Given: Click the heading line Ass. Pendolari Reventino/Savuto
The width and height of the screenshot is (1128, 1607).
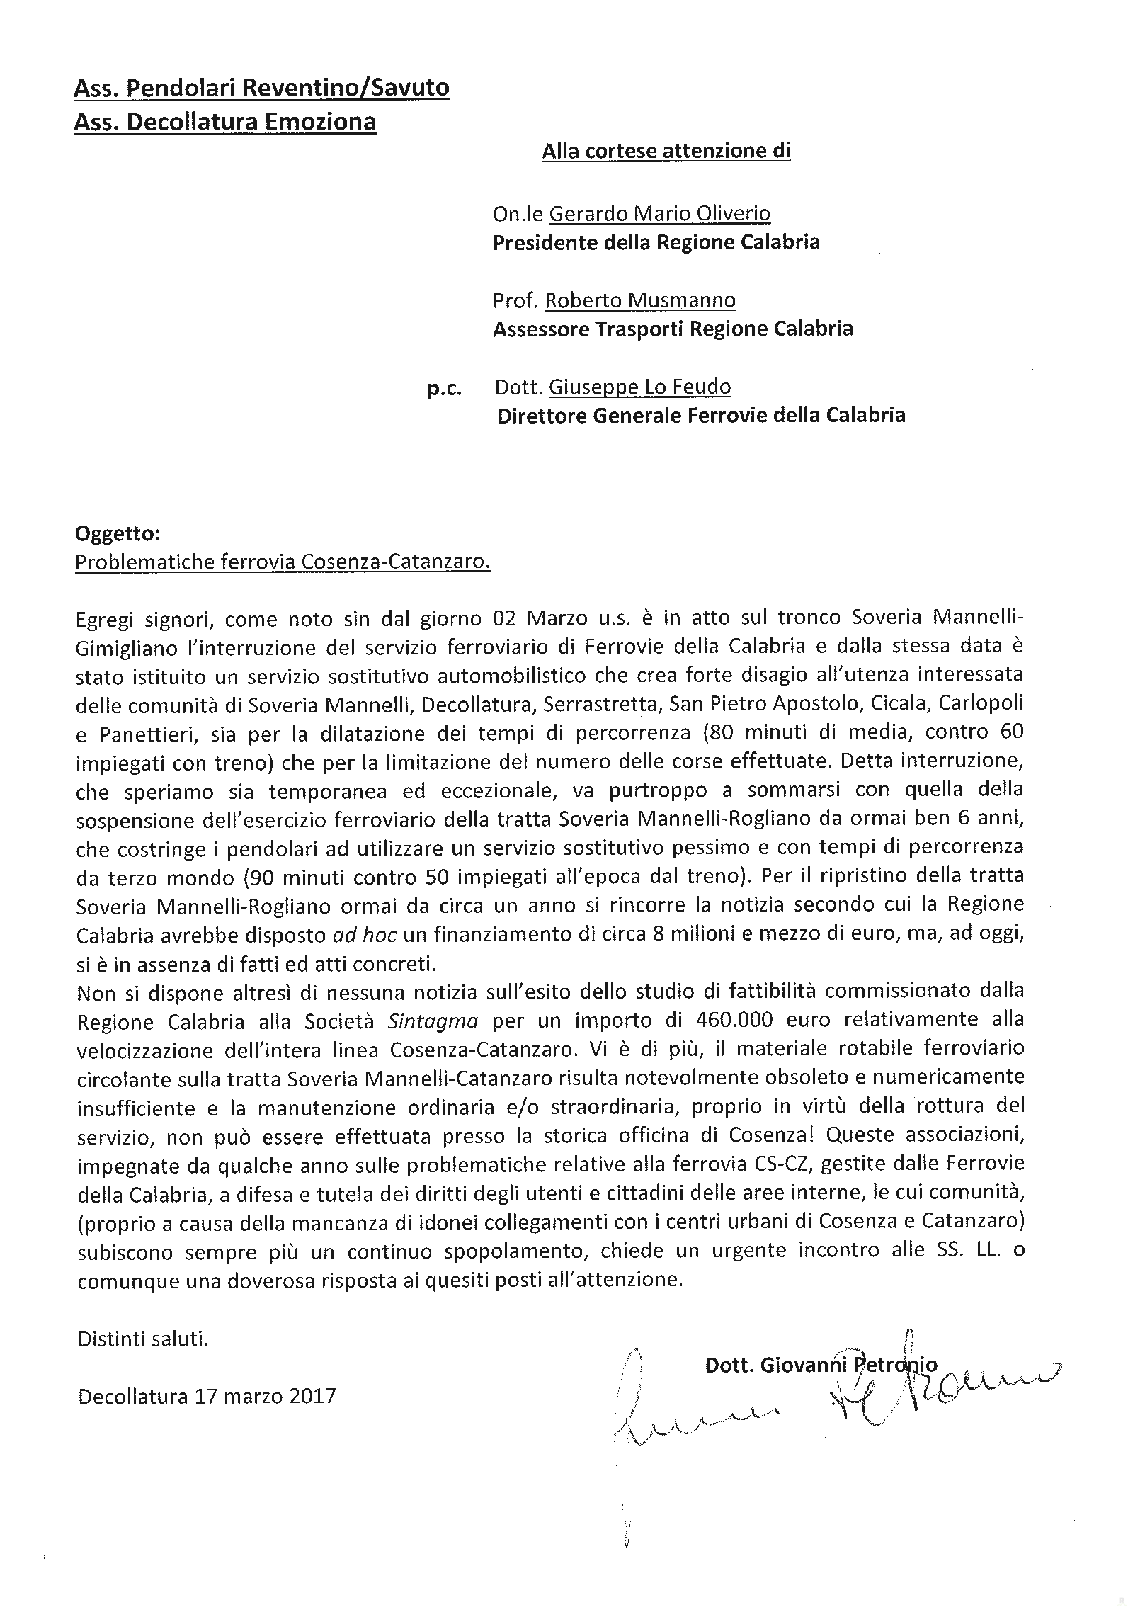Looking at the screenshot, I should pyautogui.click(x=261, y=89).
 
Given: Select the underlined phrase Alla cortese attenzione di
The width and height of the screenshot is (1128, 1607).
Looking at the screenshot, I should pyautogui.click(x=666, y=151).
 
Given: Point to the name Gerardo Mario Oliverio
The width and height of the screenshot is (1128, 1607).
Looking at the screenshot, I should pyautogui.click(x=660, y=213).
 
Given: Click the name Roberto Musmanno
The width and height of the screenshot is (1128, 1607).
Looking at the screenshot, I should pyautogui.click(x=640, y=300).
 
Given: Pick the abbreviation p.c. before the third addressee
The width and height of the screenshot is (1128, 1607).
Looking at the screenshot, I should pyautogui.click(x=445, y=388).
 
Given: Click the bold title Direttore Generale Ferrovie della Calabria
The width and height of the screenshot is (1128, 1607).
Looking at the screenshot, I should pyautogui.click(x=701, y=415).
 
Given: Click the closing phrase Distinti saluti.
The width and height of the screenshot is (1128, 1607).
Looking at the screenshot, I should pyautogui.click(x=143, y=1339).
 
